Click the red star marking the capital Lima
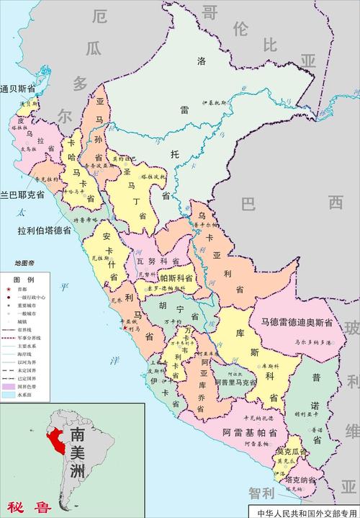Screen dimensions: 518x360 (x=126, y=329)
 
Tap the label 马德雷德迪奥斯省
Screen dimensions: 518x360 (x=296, y=322)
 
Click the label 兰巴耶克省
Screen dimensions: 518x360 (x=22, y=195)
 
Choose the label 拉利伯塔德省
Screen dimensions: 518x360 (x=35, y=231)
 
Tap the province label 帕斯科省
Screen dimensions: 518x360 (x=176, y=277)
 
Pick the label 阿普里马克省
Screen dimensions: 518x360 (x=233, y=386)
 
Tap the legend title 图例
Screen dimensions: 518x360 (x=24, y=279)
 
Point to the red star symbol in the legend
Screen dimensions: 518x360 (x=8, y=289)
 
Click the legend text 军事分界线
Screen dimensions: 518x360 (x=32, y=338)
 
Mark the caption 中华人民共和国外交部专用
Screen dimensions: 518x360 (x=306, y=512)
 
